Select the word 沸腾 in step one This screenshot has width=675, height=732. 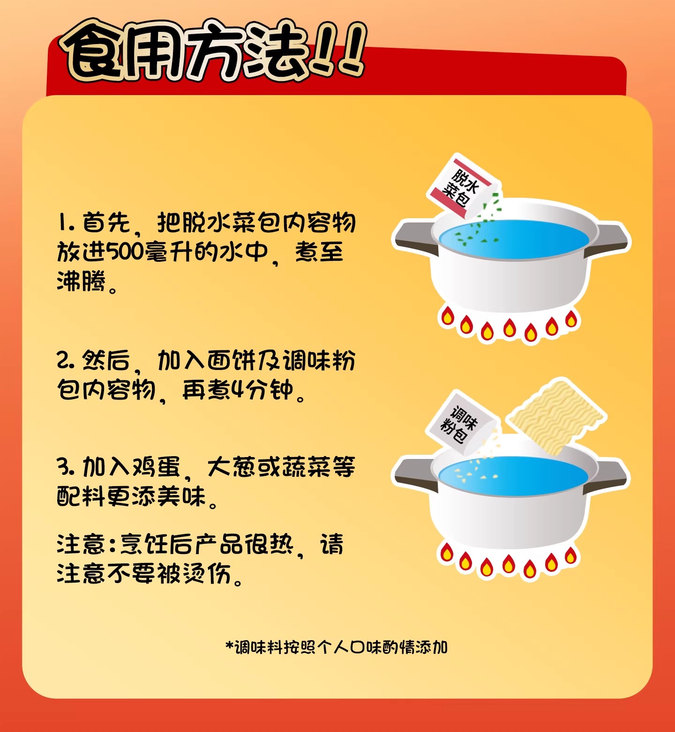point(82,281)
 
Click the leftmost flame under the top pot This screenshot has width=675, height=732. point(447,316)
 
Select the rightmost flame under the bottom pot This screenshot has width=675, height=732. point(570,556)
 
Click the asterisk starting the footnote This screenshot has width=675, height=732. point(229,646)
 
